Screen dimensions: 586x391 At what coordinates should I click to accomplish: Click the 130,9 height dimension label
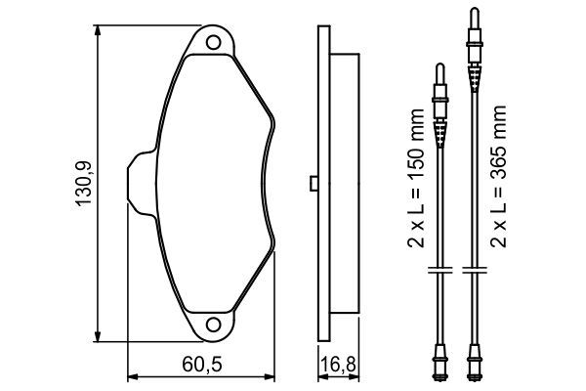click(x=84, y=184)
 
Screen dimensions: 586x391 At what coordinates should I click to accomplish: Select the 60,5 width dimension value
click(x=202, y=364)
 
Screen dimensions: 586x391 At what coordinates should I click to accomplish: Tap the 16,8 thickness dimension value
click(x=338, y=364)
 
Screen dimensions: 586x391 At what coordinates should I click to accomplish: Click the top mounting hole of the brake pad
click(x=213, y=42)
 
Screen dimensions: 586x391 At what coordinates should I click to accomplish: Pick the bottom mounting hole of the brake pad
click(x=213, y=324)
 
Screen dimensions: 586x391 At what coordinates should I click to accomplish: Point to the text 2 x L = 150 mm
click(x=416, y=178)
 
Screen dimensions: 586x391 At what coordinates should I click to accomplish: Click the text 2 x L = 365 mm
click(x=498, y=176)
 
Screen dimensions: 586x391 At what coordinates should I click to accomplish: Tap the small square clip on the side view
click(x=314, y=184)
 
